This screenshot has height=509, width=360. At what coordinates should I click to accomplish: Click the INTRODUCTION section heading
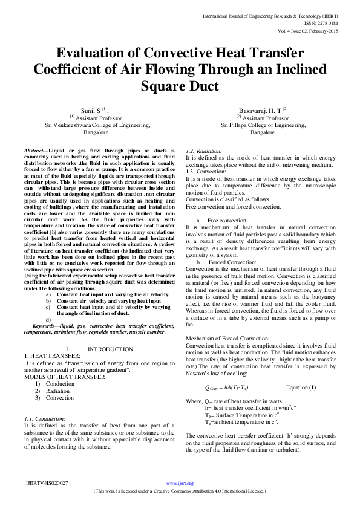click(110, 349)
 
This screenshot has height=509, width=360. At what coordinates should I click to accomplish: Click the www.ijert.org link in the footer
click(179, 483)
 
